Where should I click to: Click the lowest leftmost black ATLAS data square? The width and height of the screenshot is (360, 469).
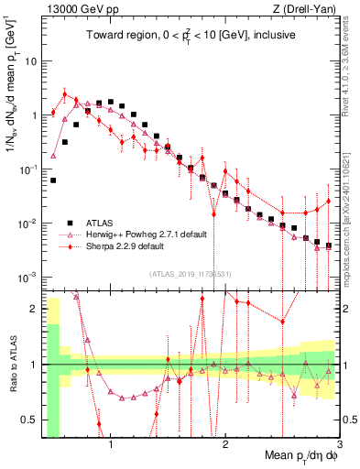coord(53,180)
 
